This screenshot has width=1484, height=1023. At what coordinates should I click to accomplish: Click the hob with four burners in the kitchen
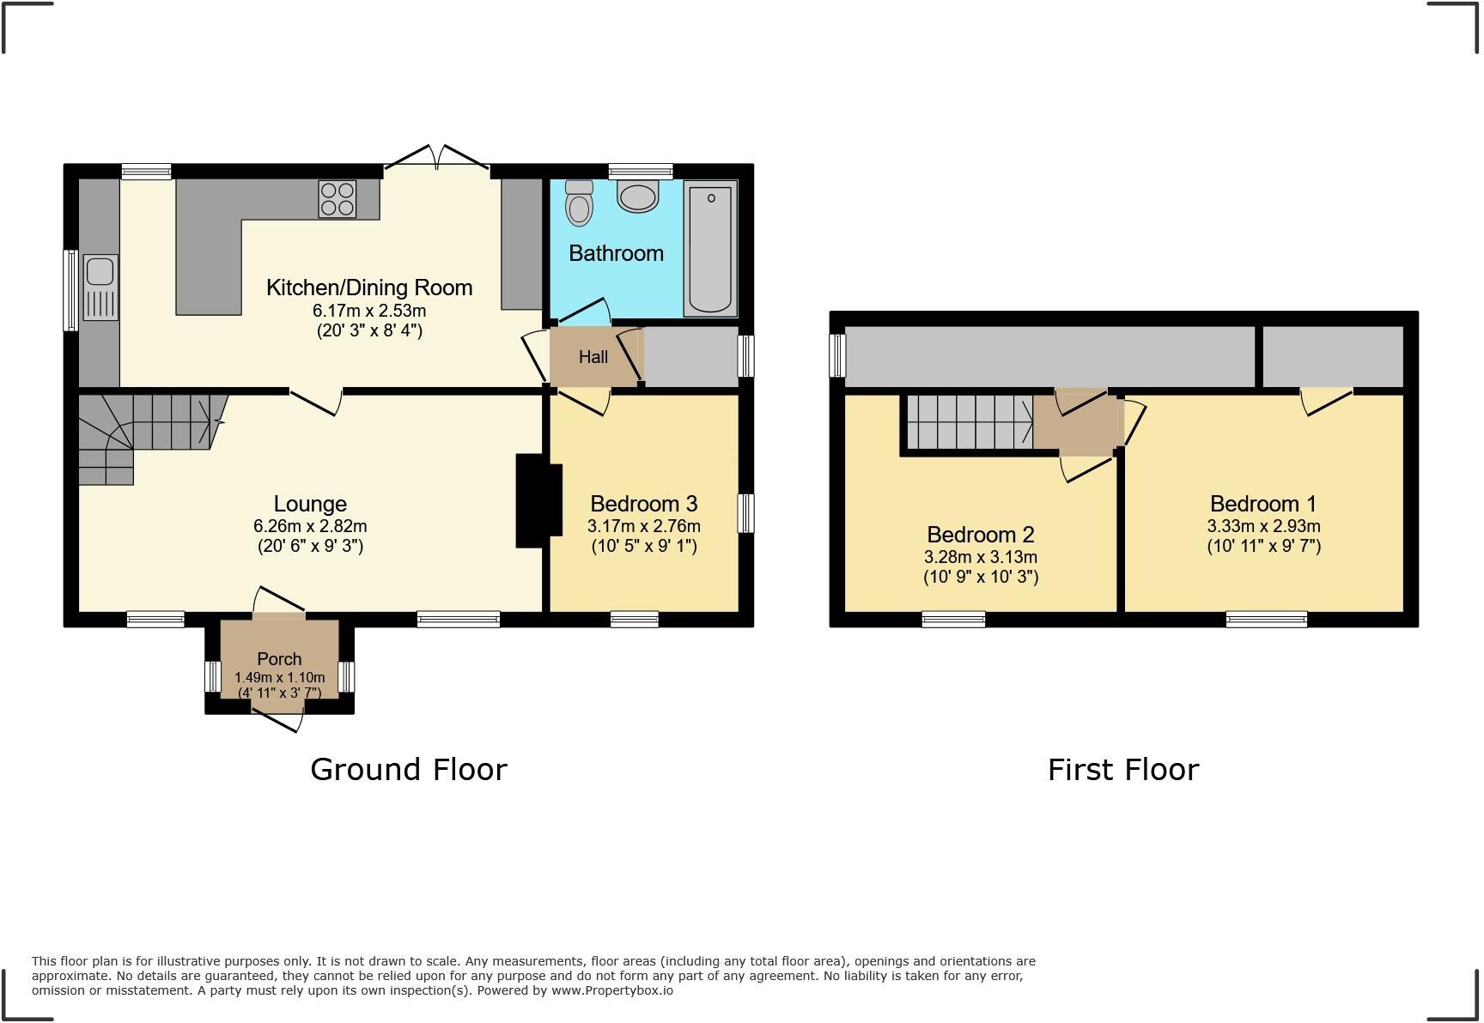337,199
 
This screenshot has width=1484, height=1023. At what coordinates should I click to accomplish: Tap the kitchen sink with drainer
100,287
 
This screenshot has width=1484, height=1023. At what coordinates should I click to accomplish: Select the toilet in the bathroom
580,203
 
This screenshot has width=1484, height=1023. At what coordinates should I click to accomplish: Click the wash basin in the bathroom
637,197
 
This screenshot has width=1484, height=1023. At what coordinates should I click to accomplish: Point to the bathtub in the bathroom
710,249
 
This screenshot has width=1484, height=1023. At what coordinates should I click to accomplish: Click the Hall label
593,357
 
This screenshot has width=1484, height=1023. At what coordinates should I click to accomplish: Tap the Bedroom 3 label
643,504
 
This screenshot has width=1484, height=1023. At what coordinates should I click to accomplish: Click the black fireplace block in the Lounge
538,500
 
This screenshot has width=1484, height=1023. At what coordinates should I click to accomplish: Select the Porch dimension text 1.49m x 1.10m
279,677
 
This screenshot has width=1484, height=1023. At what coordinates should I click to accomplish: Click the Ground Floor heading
408,769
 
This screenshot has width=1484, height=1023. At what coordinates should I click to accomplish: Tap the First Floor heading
1122,769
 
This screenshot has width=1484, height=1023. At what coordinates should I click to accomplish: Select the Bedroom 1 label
1262,504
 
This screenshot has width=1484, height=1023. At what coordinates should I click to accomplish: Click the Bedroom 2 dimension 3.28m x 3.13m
980,557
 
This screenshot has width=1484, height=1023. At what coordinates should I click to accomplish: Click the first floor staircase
969,421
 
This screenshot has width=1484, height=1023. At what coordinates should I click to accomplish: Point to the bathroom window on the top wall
641,172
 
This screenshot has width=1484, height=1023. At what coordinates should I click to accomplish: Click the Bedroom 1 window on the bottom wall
1266,619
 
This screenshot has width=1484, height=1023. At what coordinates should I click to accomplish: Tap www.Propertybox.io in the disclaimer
611,990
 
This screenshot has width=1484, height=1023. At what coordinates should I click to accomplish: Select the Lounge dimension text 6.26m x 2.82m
309,526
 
